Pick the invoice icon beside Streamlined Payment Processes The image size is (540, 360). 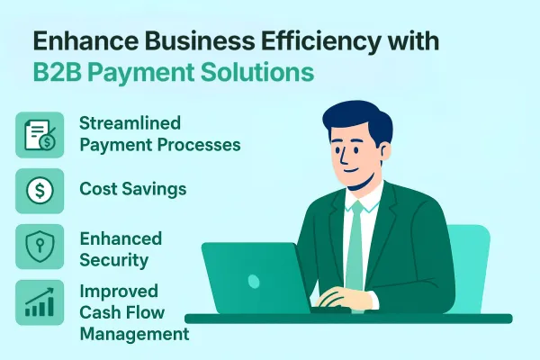click(x=39, y=135)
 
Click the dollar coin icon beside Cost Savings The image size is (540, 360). click(x=39, y=191)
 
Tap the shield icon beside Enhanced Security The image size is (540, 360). click(x=39, y=247)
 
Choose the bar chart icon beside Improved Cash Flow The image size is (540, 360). click(x=39, y=302)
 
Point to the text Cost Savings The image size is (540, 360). click(x=134, y=191)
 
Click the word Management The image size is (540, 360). click(x=134, y=335)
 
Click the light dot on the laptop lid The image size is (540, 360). click(x=254, y=280)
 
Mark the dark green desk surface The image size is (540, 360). click(x=423, y=318)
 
